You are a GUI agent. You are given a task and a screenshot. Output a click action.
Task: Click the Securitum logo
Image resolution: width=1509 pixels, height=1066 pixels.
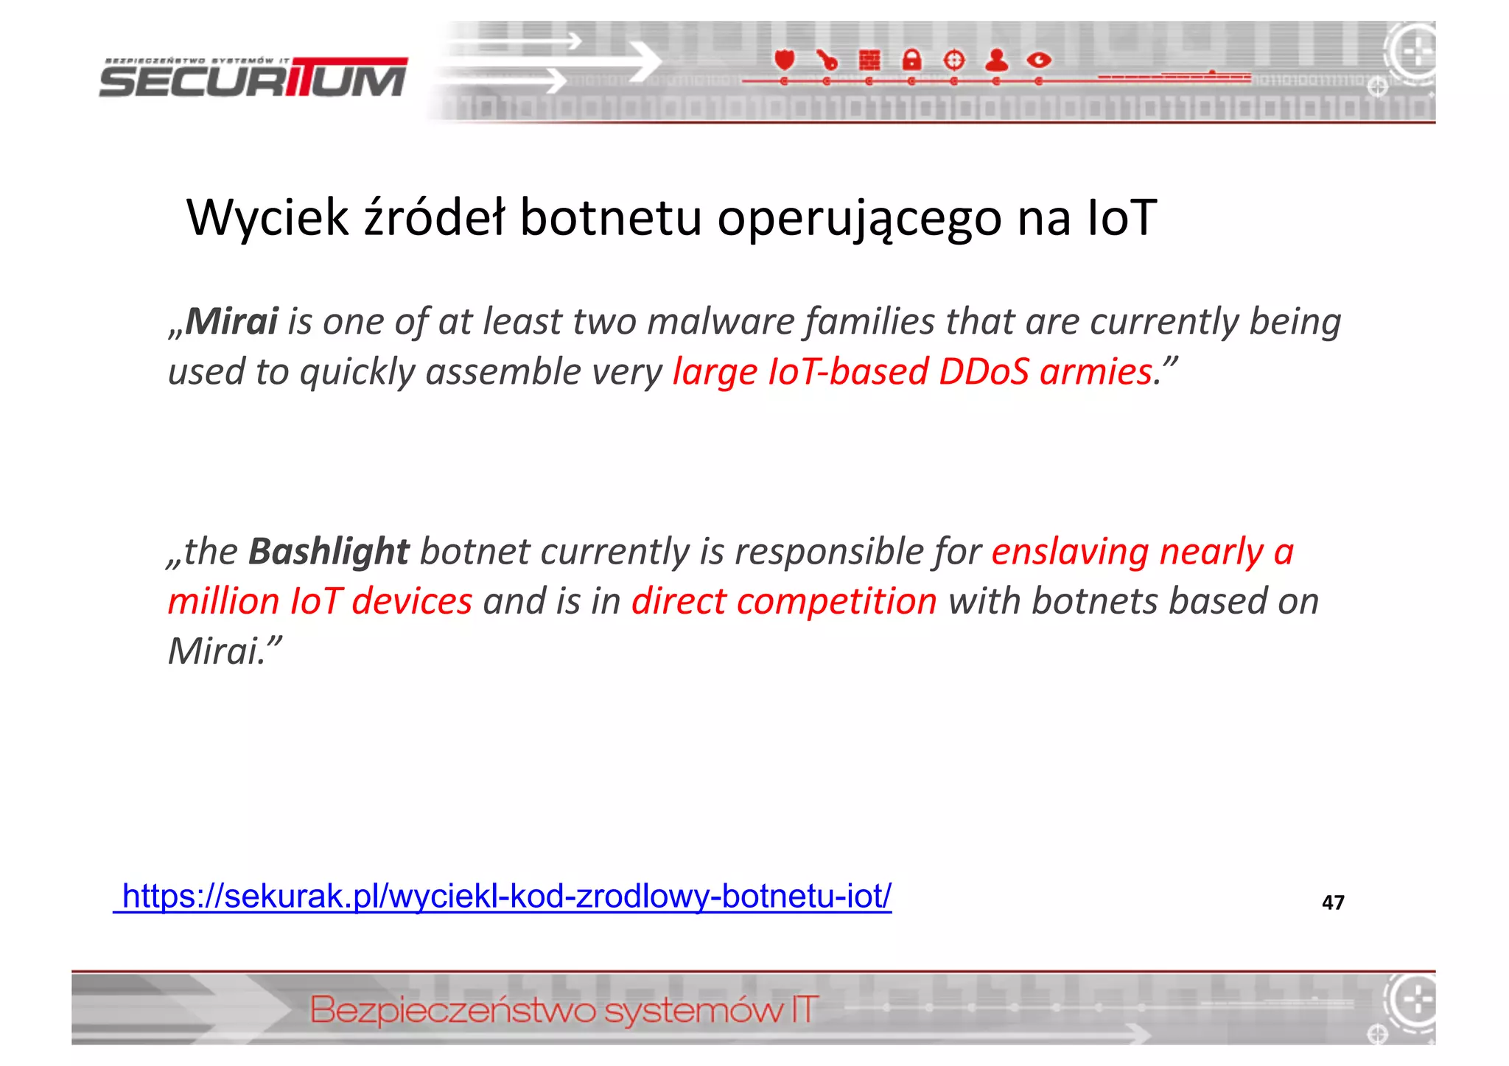click(x=253, y=79)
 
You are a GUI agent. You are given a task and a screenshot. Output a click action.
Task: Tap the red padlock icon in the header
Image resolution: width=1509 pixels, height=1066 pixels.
click(x=911, y=60)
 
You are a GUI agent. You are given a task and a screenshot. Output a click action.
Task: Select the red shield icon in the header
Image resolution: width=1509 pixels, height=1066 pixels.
click(x=785, y=59)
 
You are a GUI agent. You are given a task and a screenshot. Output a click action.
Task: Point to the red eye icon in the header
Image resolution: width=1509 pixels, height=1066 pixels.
click(x=1039, y=60)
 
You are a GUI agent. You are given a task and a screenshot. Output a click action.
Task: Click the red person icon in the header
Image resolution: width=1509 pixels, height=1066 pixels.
click(x=996, y=60)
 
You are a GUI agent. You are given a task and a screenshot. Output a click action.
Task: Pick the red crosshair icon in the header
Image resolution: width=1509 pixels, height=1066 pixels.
click(x=954, y=60)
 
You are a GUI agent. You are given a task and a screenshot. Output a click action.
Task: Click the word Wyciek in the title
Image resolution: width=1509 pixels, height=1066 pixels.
click(x=267, y=218)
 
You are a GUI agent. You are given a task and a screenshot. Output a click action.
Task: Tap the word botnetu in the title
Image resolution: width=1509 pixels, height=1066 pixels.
click(x=611, y=218)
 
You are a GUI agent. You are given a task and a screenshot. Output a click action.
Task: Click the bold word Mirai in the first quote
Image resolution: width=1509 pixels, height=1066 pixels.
click(x=231, y=321)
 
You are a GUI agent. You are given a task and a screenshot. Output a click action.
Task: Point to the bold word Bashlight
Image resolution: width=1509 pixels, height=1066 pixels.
click(x=329, y=551)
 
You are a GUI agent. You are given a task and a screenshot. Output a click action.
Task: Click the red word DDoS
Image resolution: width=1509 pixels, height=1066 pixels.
click(x=984, y=371)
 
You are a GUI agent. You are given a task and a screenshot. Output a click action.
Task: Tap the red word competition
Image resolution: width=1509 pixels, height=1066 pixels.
click(x=836, y=601)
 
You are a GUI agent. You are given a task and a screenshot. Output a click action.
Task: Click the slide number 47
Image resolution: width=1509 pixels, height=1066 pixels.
click(x=1333, y=902)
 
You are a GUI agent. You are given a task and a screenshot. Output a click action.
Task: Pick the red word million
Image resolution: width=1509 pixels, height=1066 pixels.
click(x=223, y=601)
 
